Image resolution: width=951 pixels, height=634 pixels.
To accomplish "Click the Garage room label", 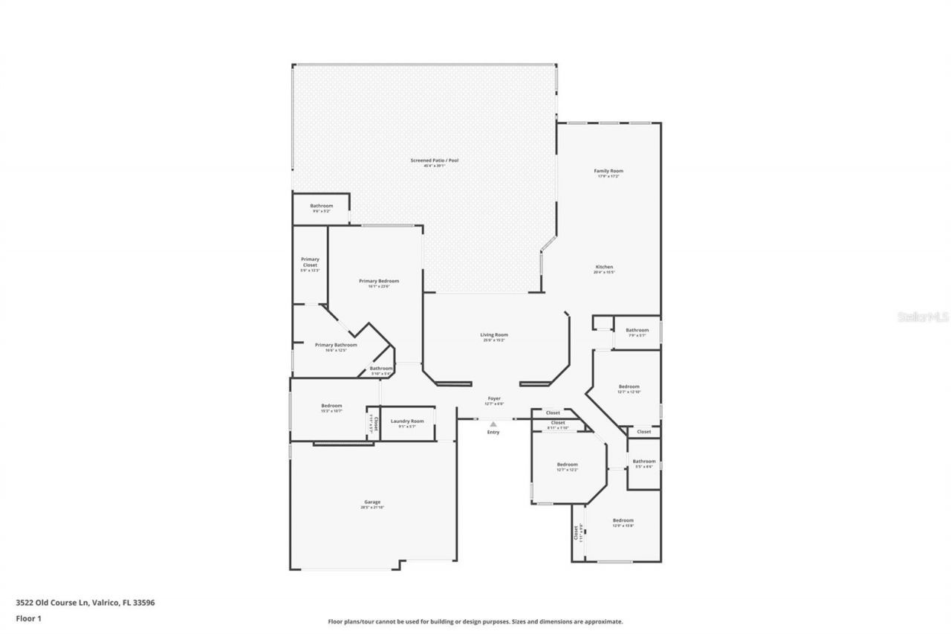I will [372, 502].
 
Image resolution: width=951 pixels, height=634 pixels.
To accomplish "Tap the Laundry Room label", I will [406, 421].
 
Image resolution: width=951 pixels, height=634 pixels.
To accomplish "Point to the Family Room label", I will [608, 171].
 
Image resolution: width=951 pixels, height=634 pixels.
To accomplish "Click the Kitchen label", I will [604, 267].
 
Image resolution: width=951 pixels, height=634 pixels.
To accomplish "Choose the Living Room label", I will [493, 335].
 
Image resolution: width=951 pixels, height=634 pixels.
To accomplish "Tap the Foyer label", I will [494, 399].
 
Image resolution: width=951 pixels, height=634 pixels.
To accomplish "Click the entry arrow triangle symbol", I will [493, 424].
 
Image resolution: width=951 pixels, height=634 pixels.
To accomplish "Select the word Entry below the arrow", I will [493, 432].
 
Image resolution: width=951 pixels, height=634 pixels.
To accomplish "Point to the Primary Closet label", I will [310, 262].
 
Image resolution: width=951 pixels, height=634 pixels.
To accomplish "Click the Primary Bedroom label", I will [379, 281].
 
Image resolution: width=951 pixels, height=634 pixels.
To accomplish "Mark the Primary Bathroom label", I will [336, 345].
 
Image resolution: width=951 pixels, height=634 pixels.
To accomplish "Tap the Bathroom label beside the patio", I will [322, 206].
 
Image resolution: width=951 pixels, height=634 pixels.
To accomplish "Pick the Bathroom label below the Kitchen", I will [637, 330].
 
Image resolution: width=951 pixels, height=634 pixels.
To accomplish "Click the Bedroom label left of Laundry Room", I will [331, 405].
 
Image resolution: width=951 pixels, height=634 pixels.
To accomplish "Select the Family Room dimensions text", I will [608, 177].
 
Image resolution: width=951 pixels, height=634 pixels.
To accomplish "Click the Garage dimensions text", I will [372, 508].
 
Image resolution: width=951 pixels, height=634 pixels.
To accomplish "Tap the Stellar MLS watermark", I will [923, 317].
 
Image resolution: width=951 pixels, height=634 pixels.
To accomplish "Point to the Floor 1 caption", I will [29, 618].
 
